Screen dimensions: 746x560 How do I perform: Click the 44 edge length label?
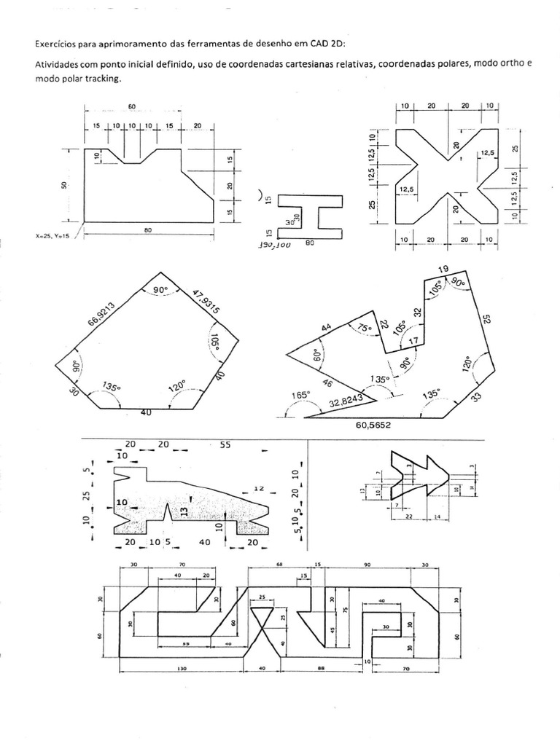click(x=326, y=329)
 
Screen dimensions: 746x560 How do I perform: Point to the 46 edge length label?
click(x=327, y=383)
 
